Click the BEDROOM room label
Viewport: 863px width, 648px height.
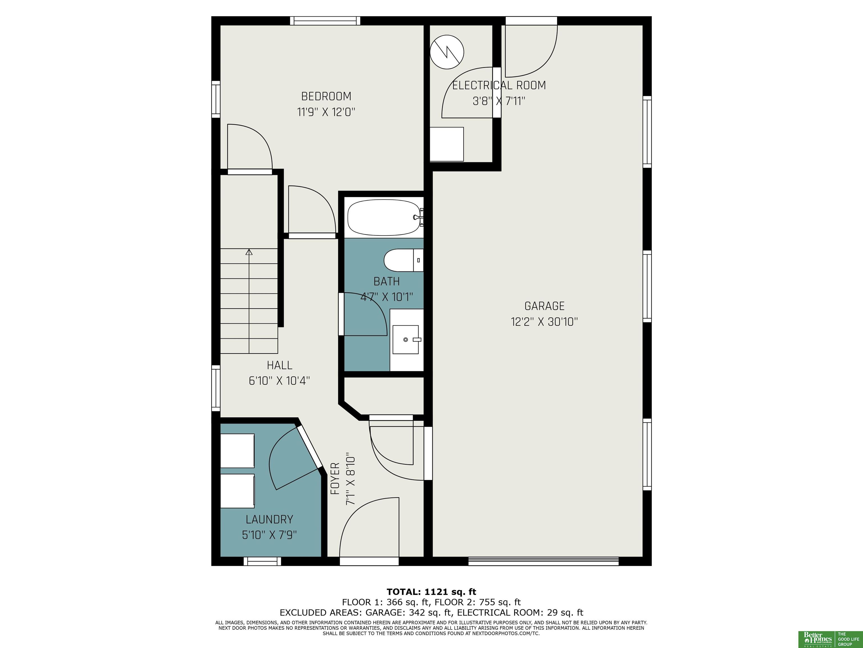click(326, 96)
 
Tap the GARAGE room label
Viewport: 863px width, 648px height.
click(544, 306)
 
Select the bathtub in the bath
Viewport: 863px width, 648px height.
click(385, 218)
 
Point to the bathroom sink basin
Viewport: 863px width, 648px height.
click(406, 340)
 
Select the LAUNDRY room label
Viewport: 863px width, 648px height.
click(269, 519)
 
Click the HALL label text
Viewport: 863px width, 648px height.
click(280, 365)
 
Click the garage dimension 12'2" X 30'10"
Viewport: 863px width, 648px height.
click(544, 322)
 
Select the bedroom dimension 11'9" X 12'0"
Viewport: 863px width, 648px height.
click(326, 112)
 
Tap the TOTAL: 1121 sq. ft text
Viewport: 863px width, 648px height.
click(431, 592)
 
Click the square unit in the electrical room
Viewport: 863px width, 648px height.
click(447, 144)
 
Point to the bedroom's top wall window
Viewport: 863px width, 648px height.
click(325, 21)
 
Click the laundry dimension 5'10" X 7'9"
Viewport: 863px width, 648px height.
click(269, 535)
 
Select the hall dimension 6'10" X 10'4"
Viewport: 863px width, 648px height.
click(279, 381)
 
